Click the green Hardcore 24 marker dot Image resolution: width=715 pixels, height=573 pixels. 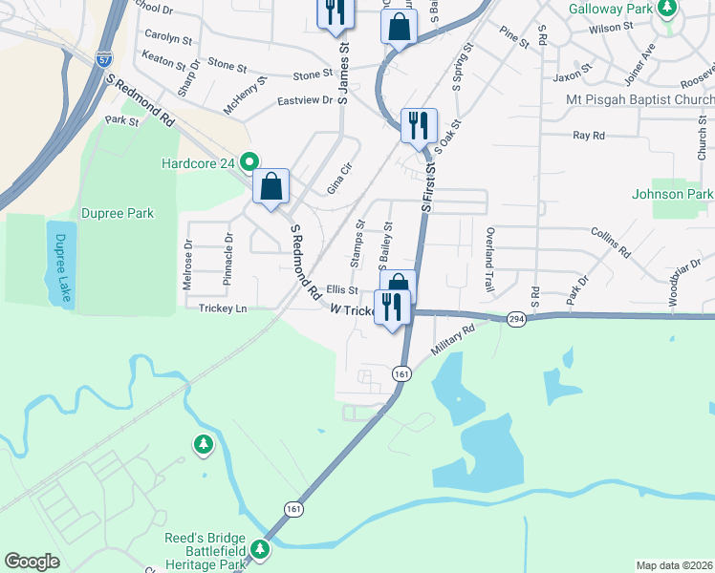[250, 161]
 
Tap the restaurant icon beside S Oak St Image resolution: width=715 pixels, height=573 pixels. [419, 124]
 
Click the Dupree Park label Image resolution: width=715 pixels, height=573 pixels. [118, 213]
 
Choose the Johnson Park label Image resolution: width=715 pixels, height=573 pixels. [672, 194]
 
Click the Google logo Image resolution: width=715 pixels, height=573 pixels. [32, 562]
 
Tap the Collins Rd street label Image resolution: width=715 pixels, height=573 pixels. [611, 243]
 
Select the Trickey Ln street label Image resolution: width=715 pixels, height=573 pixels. [223, 308]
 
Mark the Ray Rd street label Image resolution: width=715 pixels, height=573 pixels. [589, 136]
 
